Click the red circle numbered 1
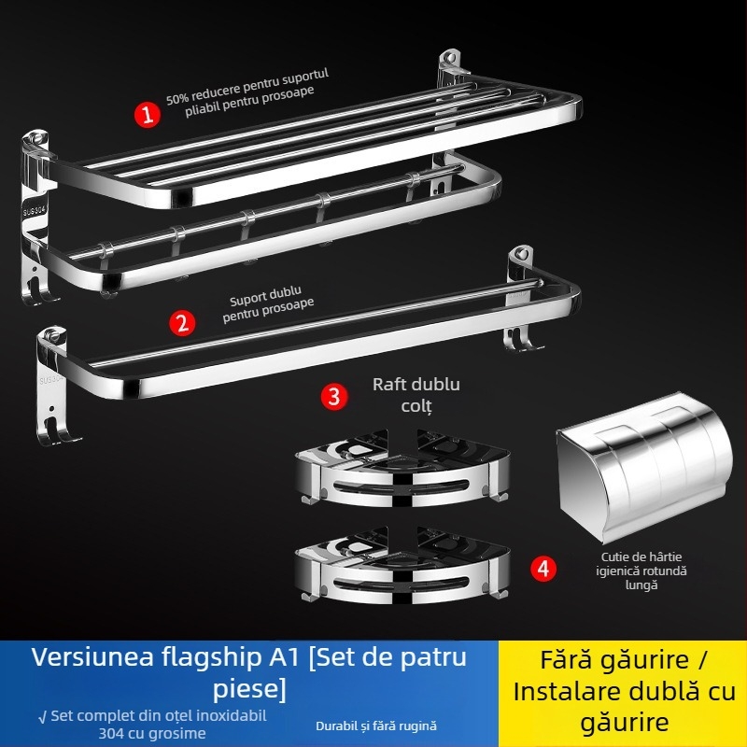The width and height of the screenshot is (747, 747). tap(147, 115)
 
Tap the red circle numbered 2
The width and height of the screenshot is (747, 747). tap(182, 323)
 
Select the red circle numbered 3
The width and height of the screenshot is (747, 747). tap(334, 396)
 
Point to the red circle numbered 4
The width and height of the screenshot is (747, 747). tap(544, 568)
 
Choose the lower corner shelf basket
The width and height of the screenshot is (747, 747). tap(402, 563)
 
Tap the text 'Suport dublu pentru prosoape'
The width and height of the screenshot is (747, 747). tap(268, 309)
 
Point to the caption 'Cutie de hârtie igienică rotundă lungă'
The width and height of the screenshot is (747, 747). tap(641, 571)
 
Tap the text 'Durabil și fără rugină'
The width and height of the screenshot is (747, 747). tap(376, 725)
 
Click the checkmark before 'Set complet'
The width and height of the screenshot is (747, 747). tap(42, 716)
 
